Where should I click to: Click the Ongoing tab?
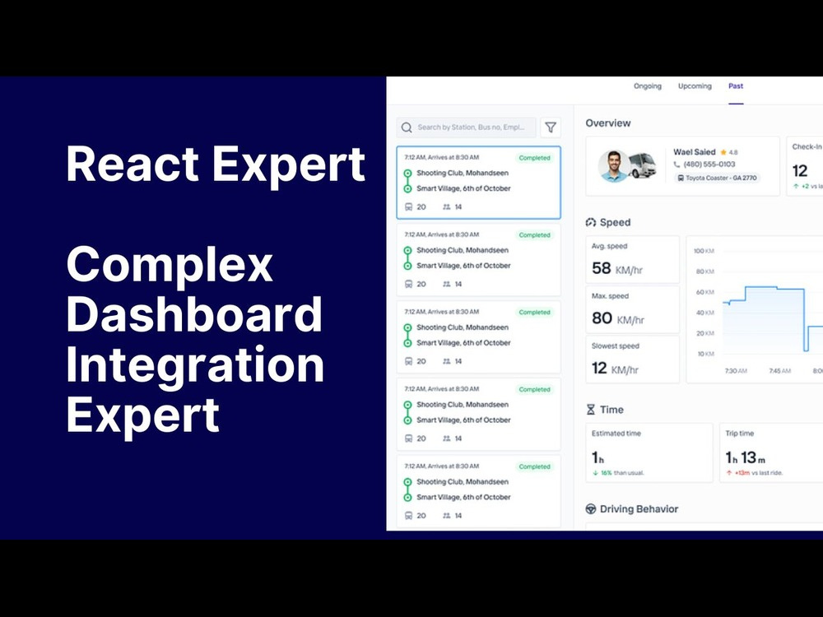647,86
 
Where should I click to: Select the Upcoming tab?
695,86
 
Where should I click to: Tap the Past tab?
736,86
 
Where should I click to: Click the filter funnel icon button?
551,128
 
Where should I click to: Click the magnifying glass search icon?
407,128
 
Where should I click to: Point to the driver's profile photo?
614,165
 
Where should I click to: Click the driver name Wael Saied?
694,152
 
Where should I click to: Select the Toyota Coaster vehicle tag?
718,178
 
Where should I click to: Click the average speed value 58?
602,268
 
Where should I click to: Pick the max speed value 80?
602,318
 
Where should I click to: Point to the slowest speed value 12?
599,368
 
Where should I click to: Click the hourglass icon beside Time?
590,410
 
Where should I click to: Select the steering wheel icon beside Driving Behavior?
590,509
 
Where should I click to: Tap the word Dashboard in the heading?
194,314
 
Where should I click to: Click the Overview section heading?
608,123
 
